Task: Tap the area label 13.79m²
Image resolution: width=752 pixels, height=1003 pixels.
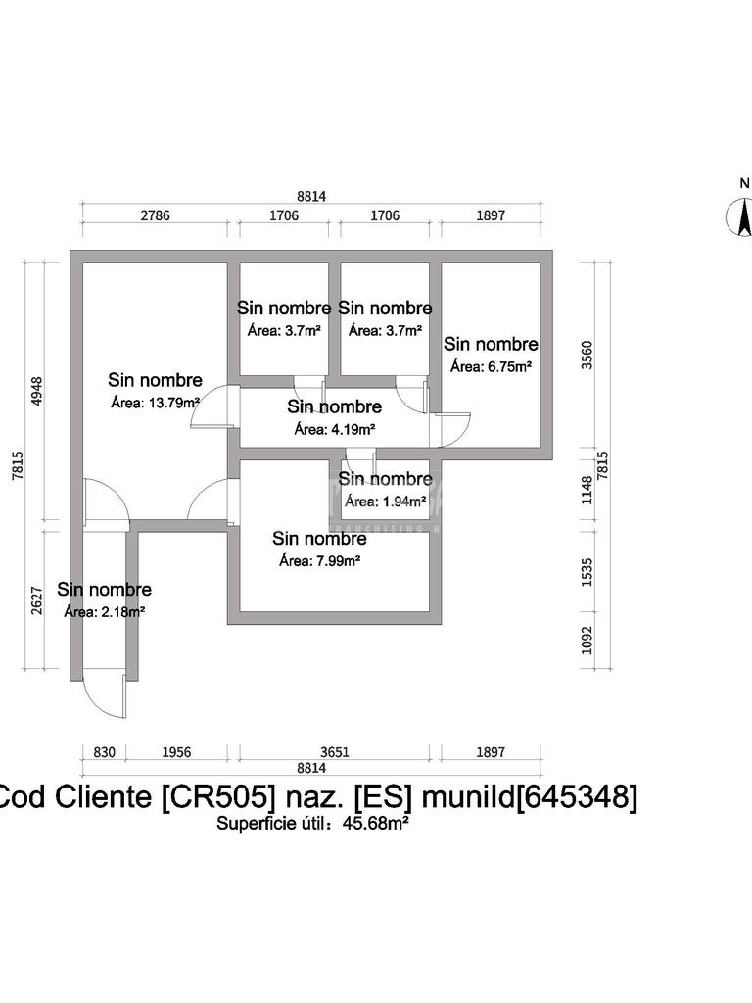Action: (x=157, y=402)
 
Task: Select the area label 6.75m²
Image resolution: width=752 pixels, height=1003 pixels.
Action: (x=491, y=366)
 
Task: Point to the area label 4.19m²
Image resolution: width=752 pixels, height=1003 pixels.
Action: (x=335, y=428)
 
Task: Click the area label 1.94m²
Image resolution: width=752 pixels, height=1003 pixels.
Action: (x=387, y=501)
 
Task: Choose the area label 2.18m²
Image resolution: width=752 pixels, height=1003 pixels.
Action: (x=105, y=612)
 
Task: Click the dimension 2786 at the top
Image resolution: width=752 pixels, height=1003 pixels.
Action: (x=155, y=215)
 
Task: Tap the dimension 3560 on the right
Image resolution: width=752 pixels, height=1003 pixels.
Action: (x=587, y=358)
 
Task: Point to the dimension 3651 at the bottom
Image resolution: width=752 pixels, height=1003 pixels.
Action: (x=335, y=752)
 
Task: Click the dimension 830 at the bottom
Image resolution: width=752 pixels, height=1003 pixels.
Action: (x=105, y=752)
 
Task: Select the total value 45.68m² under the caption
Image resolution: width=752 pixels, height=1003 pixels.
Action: (x=375, y=824)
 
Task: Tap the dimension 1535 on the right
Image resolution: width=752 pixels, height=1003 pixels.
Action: (x=587, y=570)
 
